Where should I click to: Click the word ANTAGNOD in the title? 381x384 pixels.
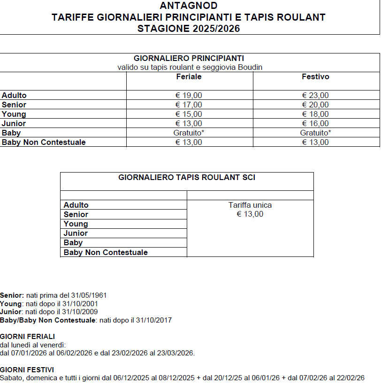pos(188,6)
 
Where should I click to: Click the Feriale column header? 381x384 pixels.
pos(189,76)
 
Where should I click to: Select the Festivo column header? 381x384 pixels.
pos(315,76)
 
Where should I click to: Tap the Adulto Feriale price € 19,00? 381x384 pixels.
pos(189,96)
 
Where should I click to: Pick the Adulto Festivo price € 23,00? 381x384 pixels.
pos(315,96)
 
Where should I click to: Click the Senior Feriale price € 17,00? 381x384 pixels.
pos(189,105)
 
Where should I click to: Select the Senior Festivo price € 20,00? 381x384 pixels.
pos(315,105)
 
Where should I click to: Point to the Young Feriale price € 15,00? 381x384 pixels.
pos(189,114)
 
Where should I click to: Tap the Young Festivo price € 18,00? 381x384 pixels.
pos(315,114)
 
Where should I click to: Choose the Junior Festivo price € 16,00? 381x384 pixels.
pos(315,124)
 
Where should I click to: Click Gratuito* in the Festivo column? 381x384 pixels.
pos(315,133)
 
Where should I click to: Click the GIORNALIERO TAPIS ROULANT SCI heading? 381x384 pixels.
pos(187,178)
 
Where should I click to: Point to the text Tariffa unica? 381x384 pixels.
pos(250,205)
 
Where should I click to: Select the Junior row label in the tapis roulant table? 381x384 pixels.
pos(76,233)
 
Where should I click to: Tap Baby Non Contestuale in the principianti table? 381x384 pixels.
pos(44,142)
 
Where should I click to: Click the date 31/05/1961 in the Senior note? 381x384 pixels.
pos(89,296)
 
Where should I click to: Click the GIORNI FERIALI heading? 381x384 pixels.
pos(28,337)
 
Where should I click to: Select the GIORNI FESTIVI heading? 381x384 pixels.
pos(27,369)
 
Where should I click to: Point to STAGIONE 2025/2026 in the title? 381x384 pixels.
pos(188,29)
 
